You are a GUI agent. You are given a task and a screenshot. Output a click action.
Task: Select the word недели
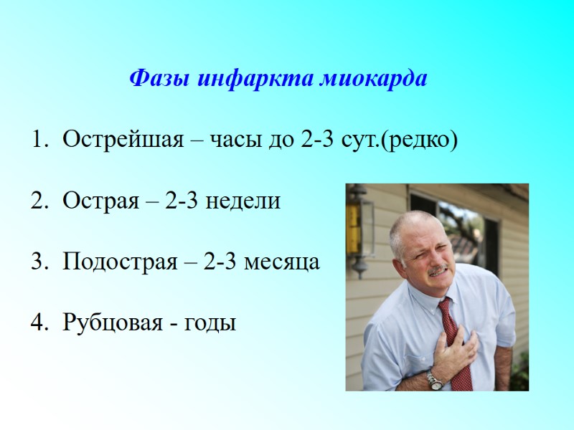(243, 201)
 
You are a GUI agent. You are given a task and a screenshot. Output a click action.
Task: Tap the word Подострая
(120, 262)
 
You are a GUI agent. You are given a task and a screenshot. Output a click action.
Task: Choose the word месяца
(282, 262)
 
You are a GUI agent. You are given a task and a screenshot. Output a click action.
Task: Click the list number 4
(37, 324)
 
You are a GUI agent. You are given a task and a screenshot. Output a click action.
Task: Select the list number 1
(37, 140)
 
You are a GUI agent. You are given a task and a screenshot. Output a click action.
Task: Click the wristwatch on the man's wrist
(435, 380)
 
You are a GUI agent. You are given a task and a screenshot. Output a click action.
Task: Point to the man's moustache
(438, 271)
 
